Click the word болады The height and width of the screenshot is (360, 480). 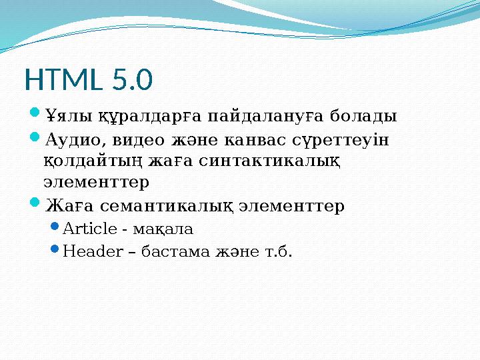coord(364,117)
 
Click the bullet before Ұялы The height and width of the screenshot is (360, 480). coord(36,117)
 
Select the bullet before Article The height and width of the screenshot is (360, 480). coord(55,230)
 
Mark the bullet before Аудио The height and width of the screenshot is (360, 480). coord(36,141)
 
